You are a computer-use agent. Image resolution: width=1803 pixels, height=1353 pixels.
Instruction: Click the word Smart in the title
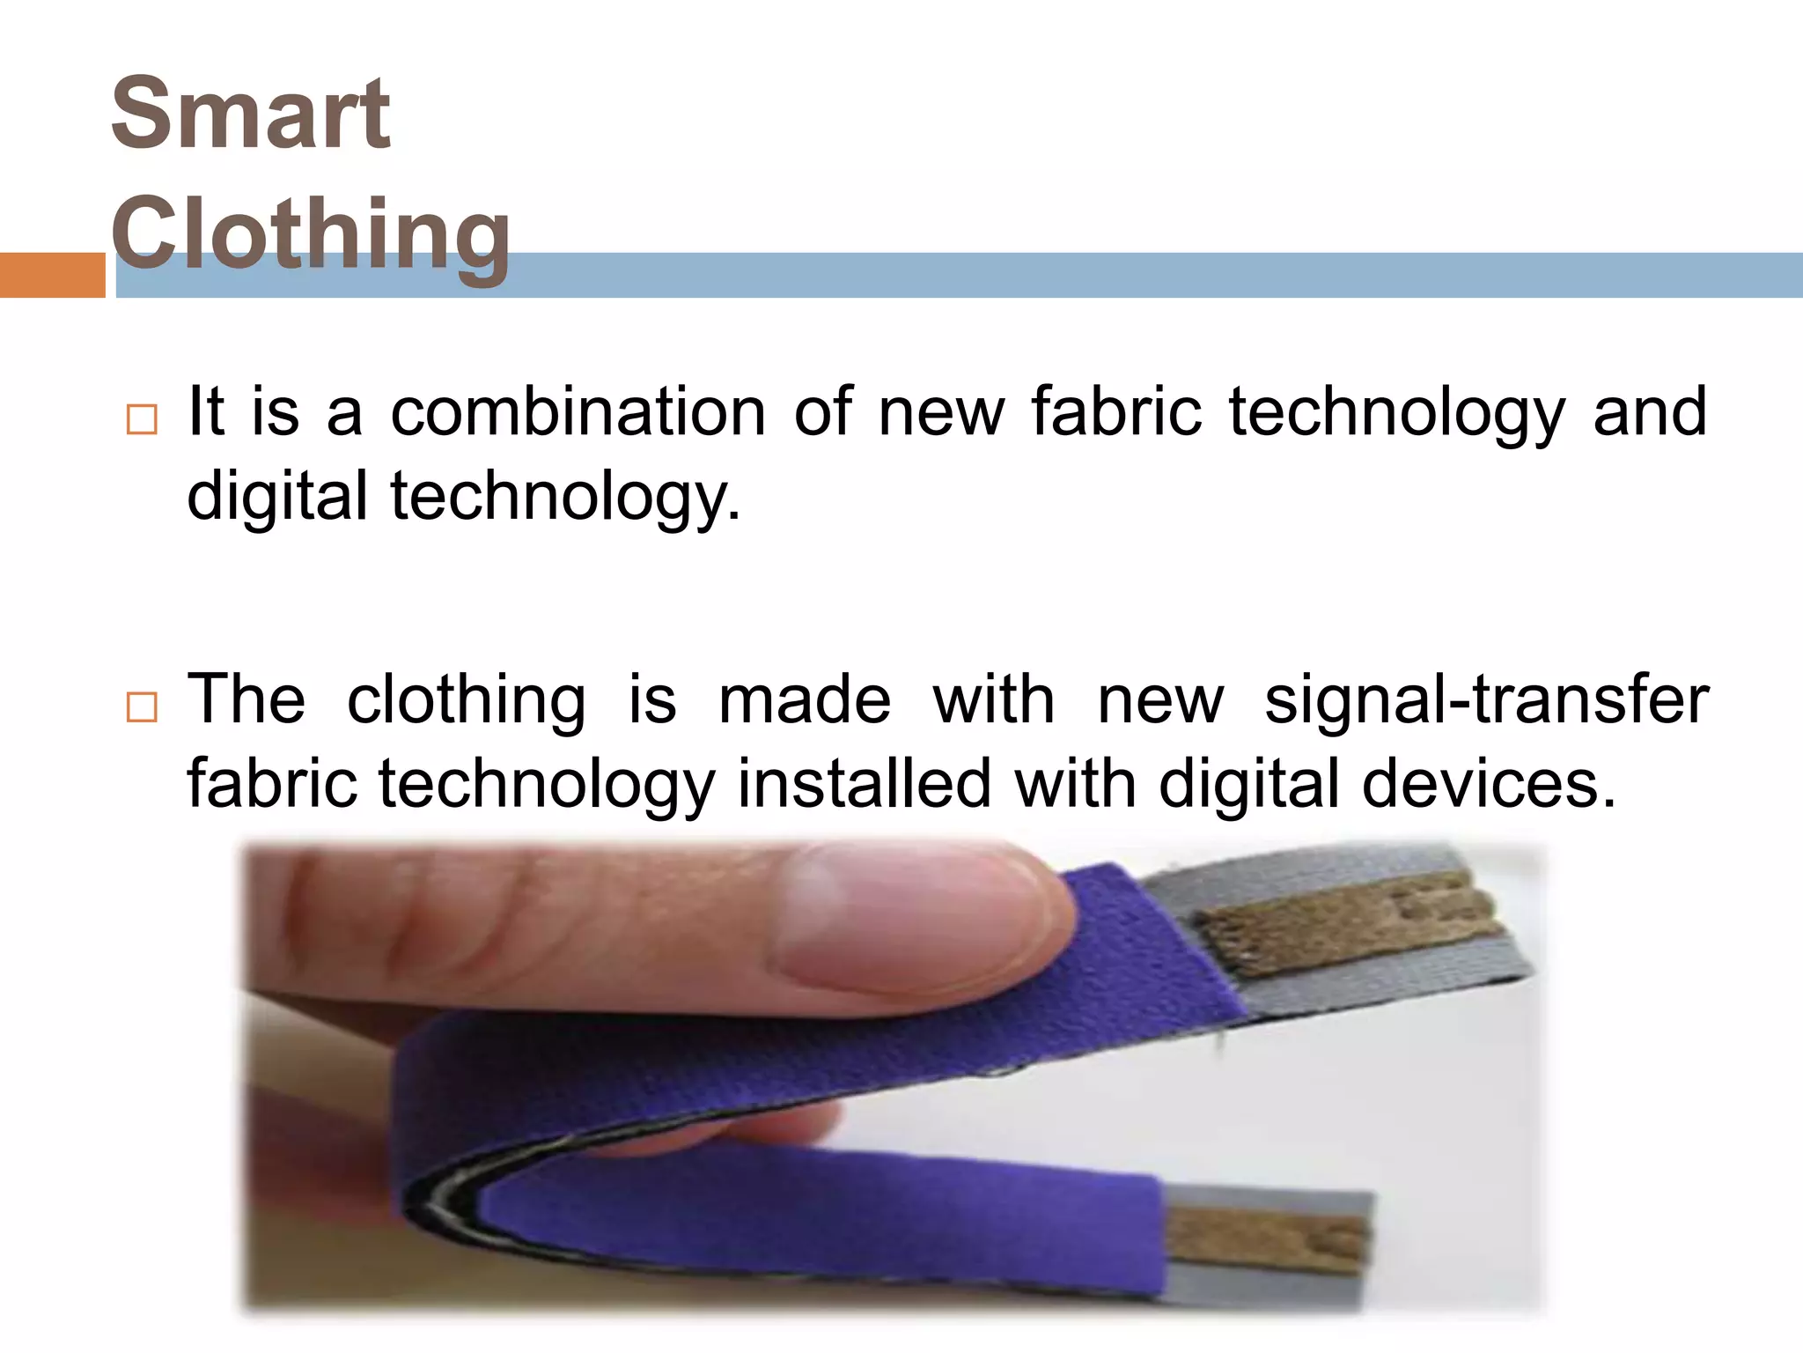[251, 115]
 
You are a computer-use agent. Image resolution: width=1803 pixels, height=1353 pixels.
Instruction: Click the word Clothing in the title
[310, 233]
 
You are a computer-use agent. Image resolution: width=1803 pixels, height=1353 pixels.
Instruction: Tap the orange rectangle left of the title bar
[52, 275]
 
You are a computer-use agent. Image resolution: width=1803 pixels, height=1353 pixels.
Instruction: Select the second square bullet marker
[142, 706]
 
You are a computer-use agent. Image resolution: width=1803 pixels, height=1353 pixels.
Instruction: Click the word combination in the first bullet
[578, 412]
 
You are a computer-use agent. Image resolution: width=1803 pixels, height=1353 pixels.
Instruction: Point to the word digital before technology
[277, 496]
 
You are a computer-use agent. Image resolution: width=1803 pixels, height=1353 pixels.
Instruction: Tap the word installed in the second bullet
[864, 784]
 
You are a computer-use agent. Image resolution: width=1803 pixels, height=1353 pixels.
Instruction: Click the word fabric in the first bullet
[1115, 412]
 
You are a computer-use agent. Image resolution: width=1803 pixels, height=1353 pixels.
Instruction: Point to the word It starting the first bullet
[206, 412]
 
